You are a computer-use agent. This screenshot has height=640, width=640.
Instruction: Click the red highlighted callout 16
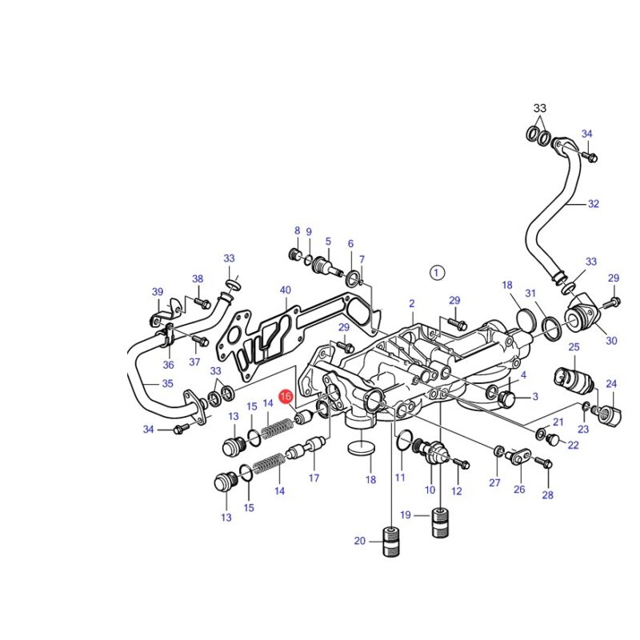point(286,396)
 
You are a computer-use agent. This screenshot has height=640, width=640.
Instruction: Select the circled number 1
point(437,272)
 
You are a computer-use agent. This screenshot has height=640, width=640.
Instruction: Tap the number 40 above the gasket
point(286,290)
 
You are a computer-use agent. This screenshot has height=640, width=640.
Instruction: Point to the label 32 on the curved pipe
point(593,204)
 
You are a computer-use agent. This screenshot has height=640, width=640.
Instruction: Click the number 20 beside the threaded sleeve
point(359,541)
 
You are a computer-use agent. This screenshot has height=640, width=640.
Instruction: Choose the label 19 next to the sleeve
point(406,514)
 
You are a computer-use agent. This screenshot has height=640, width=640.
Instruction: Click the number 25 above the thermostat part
point(574,347)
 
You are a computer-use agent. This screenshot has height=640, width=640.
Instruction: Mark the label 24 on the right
point(611,384)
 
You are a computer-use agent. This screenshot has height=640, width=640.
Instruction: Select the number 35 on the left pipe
point(168,383)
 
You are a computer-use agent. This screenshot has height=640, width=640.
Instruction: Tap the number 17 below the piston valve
point(314,478)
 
